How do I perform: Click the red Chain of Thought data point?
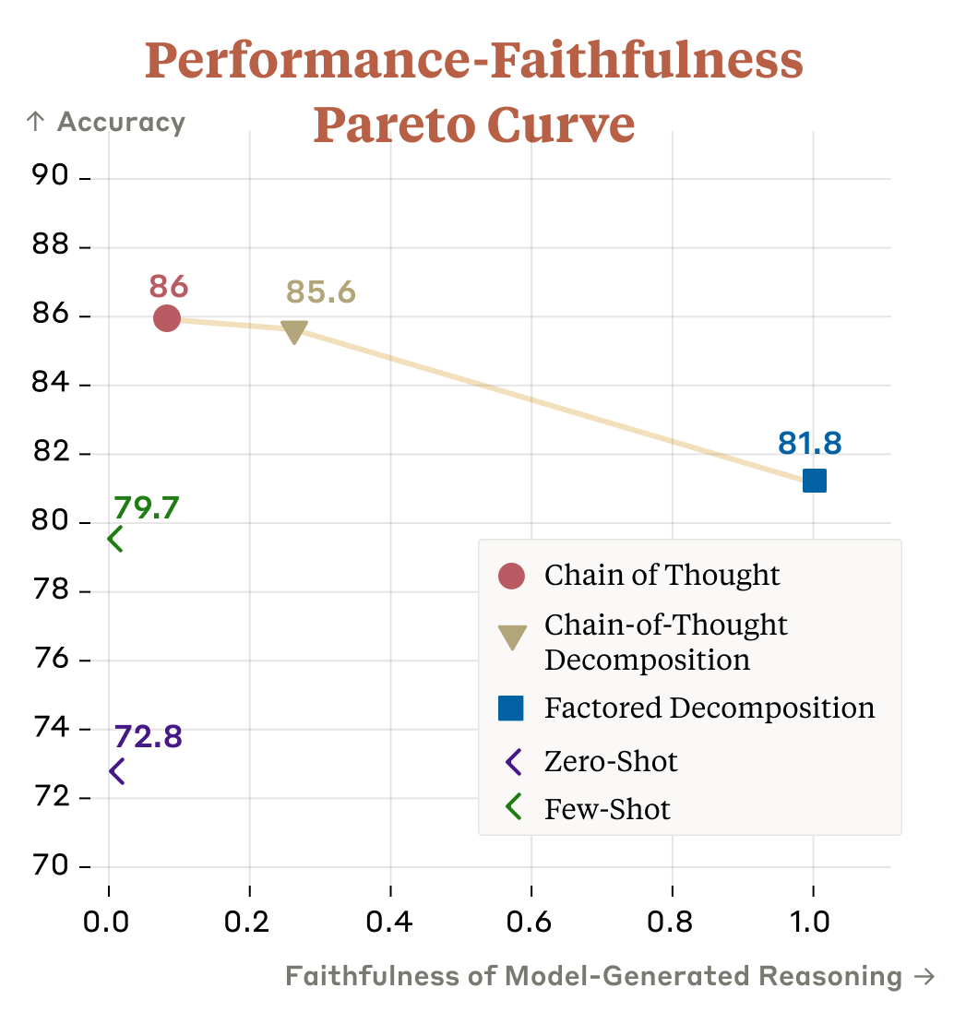click(166, 317)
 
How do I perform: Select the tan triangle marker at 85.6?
click(293, 331)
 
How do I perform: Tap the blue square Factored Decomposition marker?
click(814, 481)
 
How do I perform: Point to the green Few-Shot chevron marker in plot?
click(115, 539)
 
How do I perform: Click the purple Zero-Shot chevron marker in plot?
click(116, 771)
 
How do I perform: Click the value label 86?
click(169, 286)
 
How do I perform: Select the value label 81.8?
click(810, 443)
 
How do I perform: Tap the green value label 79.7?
click(146, 507)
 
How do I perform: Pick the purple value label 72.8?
click(148, 736)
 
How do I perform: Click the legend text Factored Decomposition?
click(709, 708)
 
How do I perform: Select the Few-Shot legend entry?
click(607, 810)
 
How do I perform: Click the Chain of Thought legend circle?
click(511, 576)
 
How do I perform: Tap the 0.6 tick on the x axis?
click(531, 923)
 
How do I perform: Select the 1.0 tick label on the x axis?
click(813, 923)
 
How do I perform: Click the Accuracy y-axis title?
click(121, 123)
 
